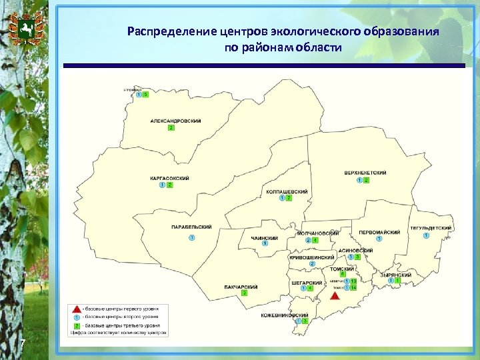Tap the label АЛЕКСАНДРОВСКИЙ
[x=175, y=121]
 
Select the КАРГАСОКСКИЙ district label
[x=169, y=178]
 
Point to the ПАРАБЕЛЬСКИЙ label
[x=191, y=227]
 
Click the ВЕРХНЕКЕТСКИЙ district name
[x=365, y=173]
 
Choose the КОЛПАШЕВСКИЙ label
[x=287, y=191]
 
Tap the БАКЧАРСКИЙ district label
[x=241, y=287]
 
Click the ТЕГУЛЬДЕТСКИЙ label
[x=431, y=228]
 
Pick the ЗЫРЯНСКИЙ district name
[x=395, y=274]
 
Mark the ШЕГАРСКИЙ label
[x=307, y=282]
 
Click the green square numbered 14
[x=354, y=288]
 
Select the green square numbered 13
[x=354, y=281]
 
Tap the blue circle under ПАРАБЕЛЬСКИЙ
[x=192, y=238]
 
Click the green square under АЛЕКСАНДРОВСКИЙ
[x=171, y=127]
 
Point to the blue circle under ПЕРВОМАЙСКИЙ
[x=379, y=239]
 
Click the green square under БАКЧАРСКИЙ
[x=245, y=293]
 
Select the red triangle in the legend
[x=77, y=309]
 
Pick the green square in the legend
[x=77, y=325]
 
